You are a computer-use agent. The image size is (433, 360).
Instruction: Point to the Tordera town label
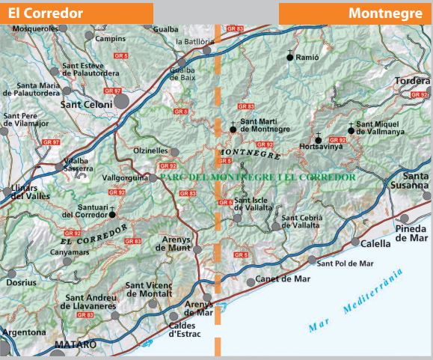tap(411, 81)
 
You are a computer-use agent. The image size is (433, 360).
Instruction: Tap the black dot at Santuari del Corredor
tap(112, 214)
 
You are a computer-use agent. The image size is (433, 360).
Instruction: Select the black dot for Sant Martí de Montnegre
tap(233, 129)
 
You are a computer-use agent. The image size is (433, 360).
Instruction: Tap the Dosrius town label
tap(20, 282)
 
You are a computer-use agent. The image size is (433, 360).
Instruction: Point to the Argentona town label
tap(25, 331)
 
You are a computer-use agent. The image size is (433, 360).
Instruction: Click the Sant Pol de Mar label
tap(345, 263)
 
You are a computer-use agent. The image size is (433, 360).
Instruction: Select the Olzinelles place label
tap(150, 150)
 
